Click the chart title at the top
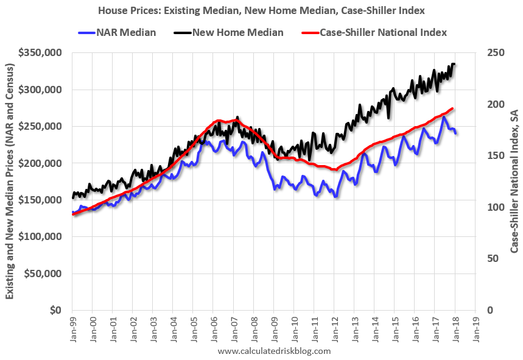click(x=261, y=10)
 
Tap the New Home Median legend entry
click(x=237, y=32)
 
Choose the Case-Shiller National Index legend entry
click(x=383, y=32)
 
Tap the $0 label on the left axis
click(x=56, y=310)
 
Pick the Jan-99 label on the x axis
click(x=72, y=328)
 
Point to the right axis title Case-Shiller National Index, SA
click(x=514, y=182)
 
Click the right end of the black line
click(x=454, y=64)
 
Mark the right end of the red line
click(x=452, y=108)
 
